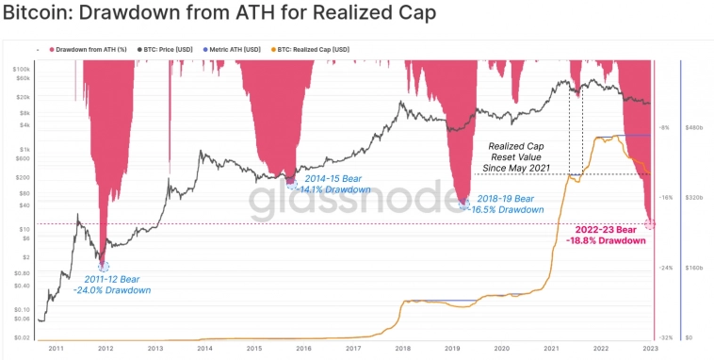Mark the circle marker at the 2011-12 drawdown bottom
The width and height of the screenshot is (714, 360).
(x=103, y=268)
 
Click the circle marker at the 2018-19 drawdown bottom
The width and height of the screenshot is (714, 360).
(x=463, y=203)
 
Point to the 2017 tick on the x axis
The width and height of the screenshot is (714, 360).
(x=353, y=348)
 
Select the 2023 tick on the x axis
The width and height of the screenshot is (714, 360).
(x=650, y=348)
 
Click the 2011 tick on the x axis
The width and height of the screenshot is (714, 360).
(x=57, y=348)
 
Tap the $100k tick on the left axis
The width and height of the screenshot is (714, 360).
(x=21, y=70)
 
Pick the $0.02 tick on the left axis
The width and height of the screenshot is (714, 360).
(x=21, y=336)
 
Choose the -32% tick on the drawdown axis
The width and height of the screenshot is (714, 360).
(x=665, y=336)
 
